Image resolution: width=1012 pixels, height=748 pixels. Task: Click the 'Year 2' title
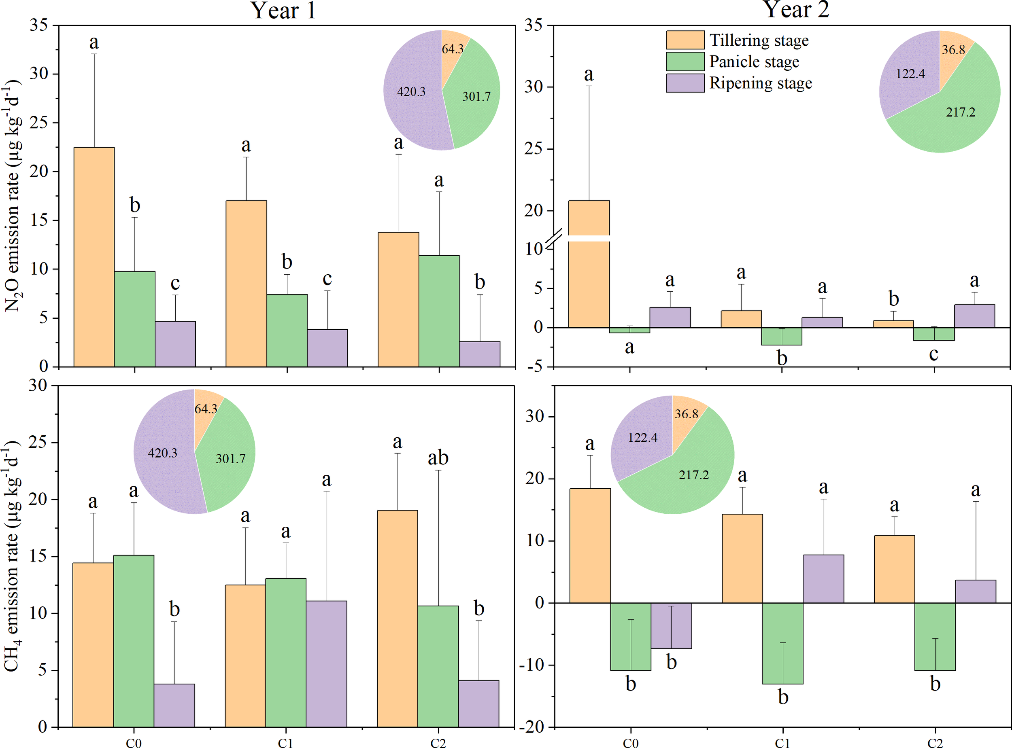pos(796,10)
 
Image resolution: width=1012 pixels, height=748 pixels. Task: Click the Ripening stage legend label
pos(760,83)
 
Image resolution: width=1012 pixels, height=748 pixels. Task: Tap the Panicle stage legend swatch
pos(685,61)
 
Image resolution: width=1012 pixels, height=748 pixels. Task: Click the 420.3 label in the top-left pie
pos(411,92)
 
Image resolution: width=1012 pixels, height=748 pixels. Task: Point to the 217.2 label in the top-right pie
pos(960,112)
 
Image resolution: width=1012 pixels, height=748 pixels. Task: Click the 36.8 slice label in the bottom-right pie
pos(686,414)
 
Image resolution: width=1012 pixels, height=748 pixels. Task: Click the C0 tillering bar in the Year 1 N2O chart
pos(94,257)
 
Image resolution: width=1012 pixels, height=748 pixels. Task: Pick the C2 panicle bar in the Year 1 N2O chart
pos(438,311)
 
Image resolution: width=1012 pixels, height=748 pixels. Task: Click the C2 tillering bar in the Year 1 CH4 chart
pos(397,618)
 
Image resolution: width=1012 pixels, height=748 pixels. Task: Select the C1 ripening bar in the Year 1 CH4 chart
pos(326,663)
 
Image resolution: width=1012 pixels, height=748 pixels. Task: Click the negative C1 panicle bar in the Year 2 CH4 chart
pos(782,643)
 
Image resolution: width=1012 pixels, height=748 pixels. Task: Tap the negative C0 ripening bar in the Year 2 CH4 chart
pos(671,625)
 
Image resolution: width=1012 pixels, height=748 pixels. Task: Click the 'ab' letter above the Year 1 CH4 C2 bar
pos(438,458)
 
